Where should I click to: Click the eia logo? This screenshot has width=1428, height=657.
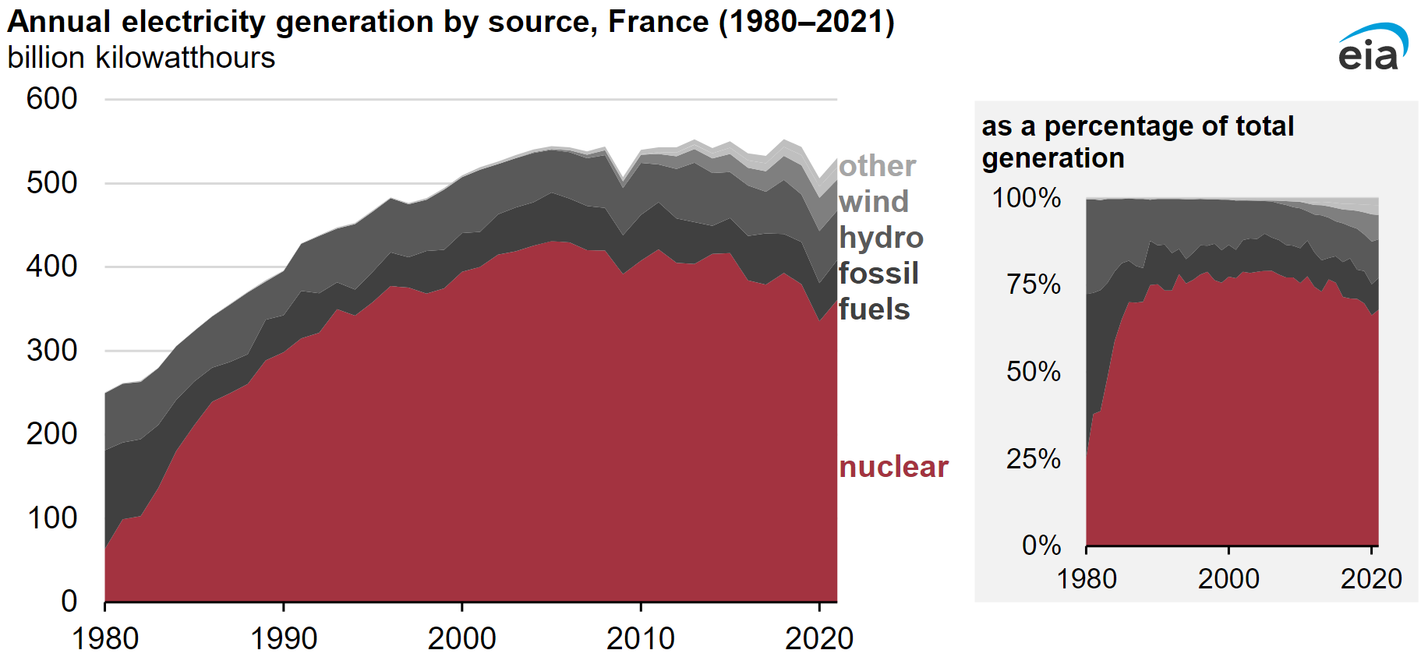pyautogui.click(x=1371, y=48)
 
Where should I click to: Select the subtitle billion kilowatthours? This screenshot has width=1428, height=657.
pyautogui.click(x=141, y=58)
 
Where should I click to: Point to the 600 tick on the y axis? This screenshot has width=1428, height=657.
pyautogui.click(x=51, y=99)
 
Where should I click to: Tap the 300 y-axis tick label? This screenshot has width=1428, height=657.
pyautogui.click(x=51, y=351)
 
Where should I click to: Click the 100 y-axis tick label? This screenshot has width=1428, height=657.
pyautogui.click(x=51, y=518)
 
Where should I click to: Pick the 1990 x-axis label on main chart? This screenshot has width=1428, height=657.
pyautogui.click(x=283, y=638)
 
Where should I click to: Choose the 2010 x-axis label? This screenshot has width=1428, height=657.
pyautogui.click(x=640, y=638)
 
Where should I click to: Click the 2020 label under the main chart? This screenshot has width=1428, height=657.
pyautogui.click(x=818, y=638)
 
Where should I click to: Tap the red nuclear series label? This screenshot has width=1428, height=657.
pyautogui.click(x=893, y=467)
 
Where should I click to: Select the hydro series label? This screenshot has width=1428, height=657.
pyautogui.click(x=881, y=238)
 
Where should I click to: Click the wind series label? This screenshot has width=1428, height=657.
pyautogui.click(x=874, y=202)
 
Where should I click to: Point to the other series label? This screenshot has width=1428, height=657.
pyautogui.click(x=877, y=166)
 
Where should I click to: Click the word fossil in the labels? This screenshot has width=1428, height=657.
pyautogui.click(x=878, y=274)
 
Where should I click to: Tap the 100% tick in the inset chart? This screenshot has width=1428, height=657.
pyautogui.click(x=1026, y=198)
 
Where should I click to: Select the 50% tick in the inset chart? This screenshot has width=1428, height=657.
pyautogui.click(x=1033, y=372)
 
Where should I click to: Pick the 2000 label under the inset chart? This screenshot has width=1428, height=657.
pyautogui.click(x=1228, y=579)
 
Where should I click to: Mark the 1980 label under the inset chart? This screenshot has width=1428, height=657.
pyautogui.click(x=1087, y=579)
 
